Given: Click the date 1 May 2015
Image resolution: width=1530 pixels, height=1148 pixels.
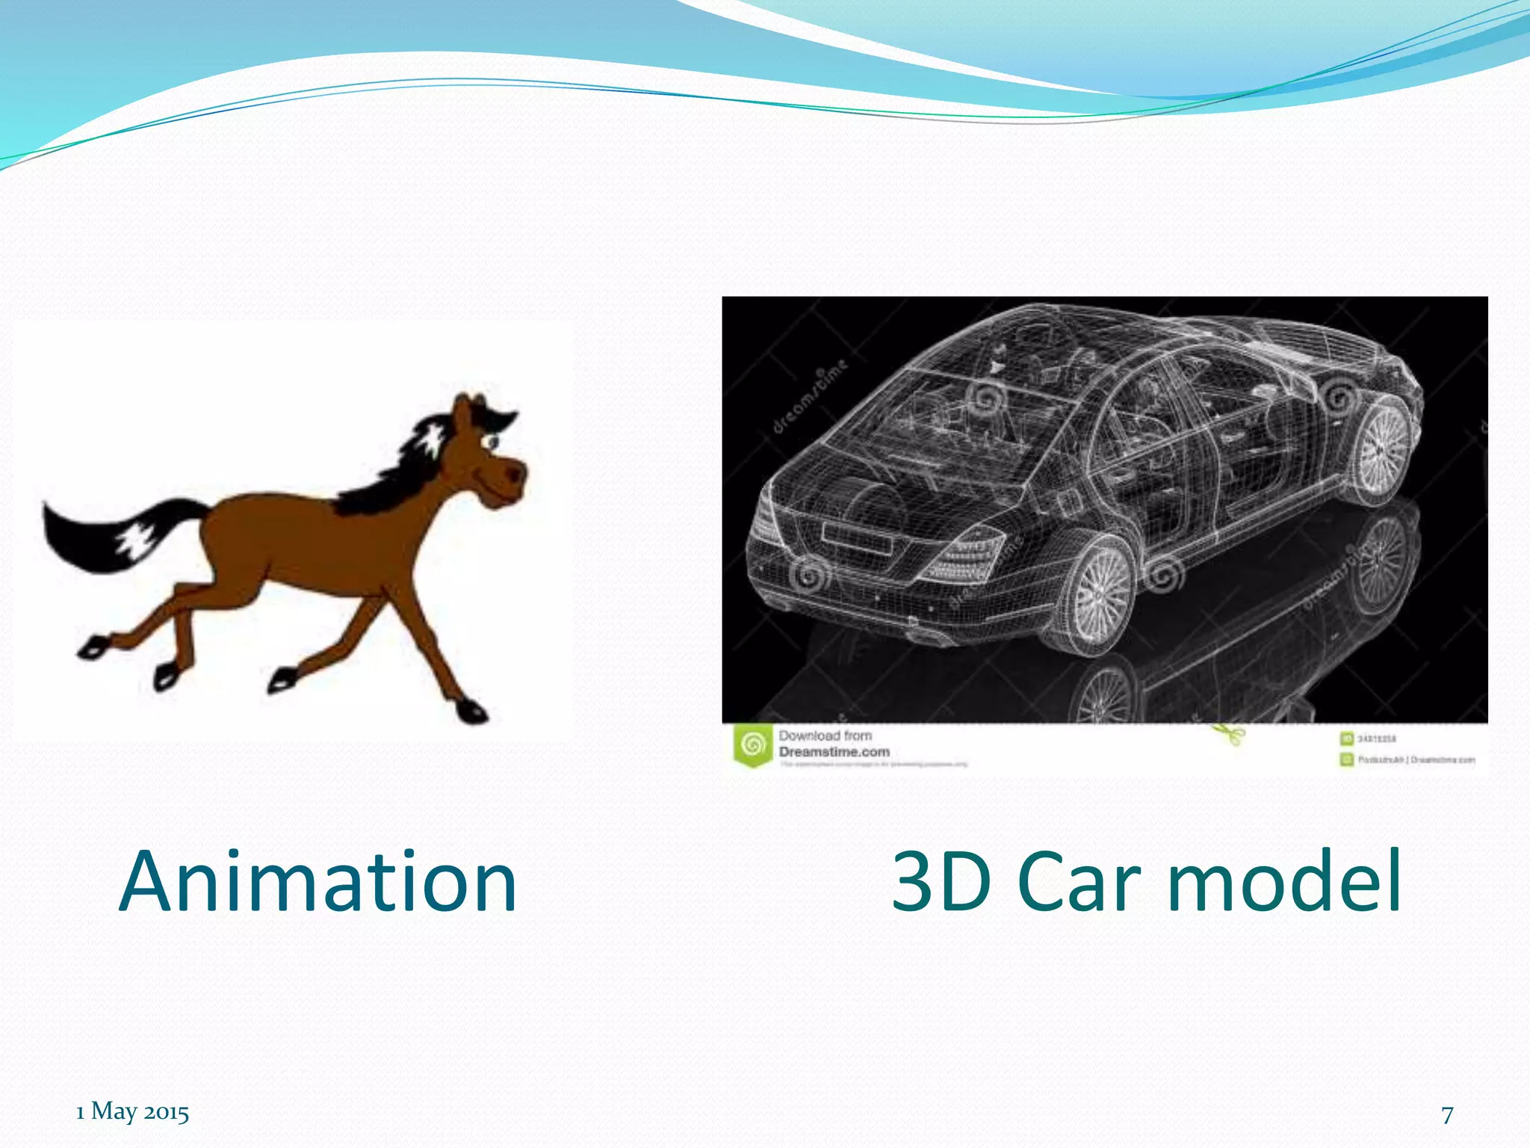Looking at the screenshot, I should [x=132, y=1111].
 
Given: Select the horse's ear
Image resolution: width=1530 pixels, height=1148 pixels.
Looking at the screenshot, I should [x=464, y=409].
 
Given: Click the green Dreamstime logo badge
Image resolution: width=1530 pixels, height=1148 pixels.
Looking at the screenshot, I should [x=753, y=745].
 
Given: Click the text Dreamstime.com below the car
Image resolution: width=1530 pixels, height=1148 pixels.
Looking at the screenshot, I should [x=834, y=752].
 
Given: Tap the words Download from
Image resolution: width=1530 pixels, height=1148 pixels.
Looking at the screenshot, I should [x=825, y=735].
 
